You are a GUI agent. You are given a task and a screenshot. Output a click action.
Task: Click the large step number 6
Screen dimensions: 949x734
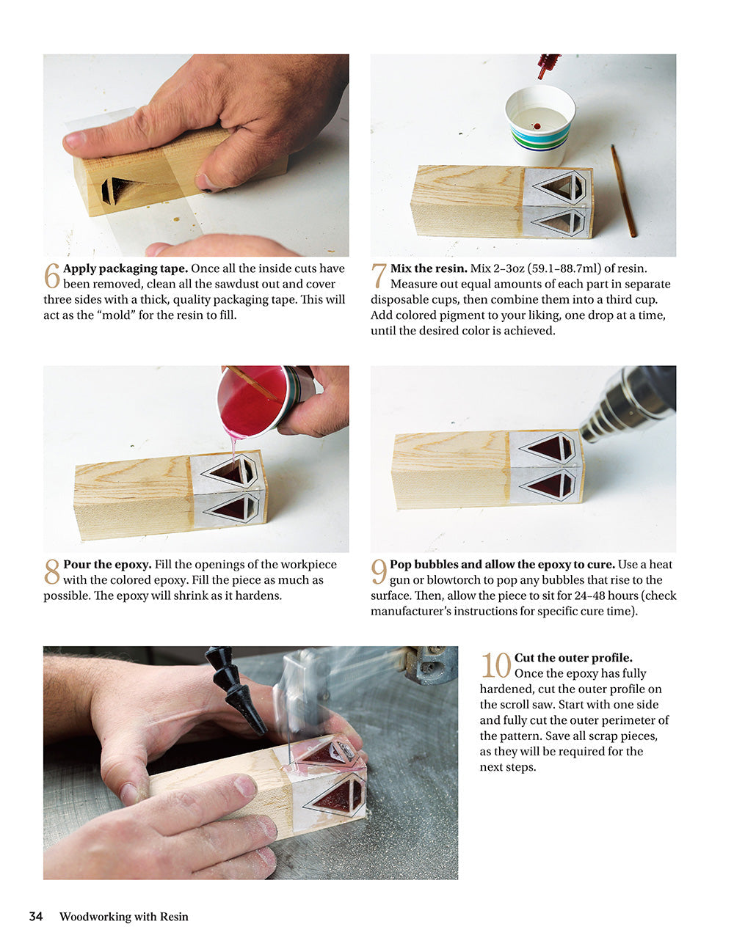51,276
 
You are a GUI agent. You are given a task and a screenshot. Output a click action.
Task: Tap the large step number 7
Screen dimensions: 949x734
379,276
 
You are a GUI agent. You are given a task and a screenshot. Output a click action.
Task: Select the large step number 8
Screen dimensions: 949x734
51,572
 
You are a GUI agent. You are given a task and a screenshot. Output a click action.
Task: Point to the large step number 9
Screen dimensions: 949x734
379,572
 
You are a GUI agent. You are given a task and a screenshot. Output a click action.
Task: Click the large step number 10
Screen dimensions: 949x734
495,666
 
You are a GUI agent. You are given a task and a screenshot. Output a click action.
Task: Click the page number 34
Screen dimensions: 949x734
36,916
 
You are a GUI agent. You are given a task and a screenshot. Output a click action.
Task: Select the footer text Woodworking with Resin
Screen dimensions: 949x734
123,916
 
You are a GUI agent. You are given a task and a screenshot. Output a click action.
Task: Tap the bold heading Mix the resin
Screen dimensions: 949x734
429,268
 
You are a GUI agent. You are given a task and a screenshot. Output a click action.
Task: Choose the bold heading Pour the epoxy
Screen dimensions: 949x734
107,565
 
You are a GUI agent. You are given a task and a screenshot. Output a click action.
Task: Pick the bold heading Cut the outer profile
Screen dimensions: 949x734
573,658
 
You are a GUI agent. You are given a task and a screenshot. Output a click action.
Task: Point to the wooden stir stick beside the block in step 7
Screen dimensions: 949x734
623,191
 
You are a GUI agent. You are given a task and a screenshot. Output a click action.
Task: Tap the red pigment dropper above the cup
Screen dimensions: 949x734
547,65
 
